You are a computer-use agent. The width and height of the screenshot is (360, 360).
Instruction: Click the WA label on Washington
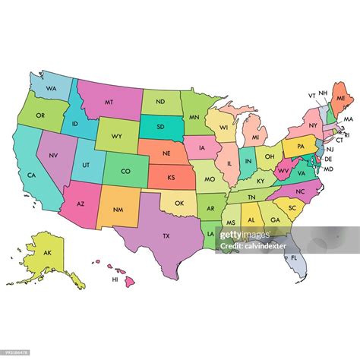(52, 88)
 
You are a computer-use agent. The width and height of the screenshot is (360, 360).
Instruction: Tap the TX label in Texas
(166, 235)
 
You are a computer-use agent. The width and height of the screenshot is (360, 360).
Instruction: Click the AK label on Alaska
(47, 252)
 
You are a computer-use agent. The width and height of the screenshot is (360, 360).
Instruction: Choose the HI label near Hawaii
(115, 279)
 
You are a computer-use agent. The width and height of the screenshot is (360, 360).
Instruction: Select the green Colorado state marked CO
(125, 171)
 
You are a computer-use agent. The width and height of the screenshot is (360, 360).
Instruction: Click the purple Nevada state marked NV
(53, 156)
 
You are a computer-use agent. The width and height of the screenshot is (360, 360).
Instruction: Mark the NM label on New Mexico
(117, 208)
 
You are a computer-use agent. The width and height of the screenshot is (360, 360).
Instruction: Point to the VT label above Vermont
(311, 96)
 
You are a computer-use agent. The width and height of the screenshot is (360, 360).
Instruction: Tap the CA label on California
(32, 175)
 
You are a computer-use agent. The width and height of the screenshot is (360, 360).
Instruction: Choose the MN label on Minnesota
(194, 117)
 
